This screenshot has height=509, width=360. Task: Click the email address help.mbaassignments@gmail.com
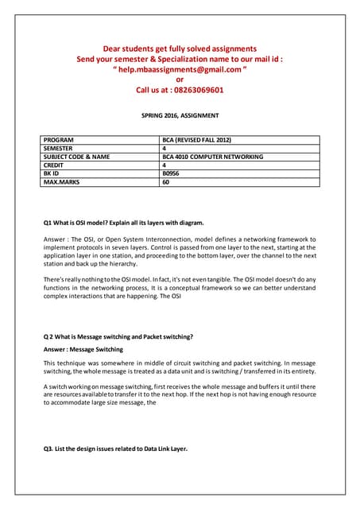180,69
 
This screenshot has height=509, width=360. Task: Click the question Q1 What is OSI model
123,221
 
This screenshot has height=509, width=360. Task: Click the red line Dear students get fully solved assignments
179,49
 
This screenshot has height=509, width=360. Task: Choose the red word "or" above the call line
180,80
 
